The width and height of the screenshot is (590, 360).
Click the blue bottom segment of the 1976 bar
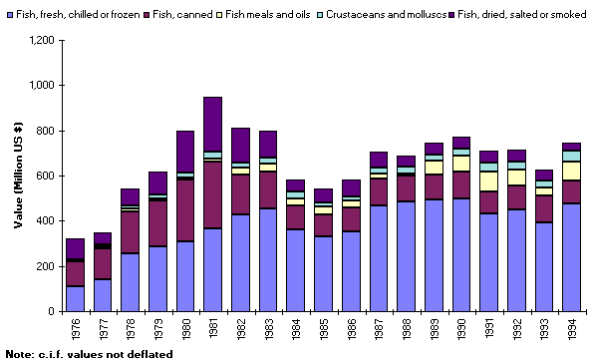[x=76, y=298]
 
